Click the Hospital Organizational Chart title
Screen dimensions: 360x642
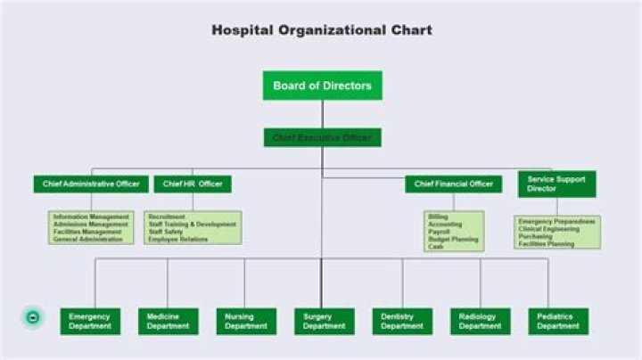pyautogui.click(x=322, y=30)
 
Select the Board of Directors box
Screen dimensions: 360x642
pyautogui.click(x=322, y=86)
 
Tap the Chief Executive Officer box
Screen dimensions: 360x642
pyautogui.click(x=322, y=137)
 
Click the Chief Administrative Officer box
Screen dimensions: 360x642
pyautogui.click(x=91, y=184)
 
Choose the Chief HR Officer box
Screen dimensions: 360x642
pyautogui.click(x=193, y=184)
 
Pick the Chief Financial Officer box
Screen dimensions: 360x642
pyautogui.click(x=454, y=184)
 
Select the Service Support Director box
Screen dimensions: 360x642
pyautogui.click(x=556, y=184)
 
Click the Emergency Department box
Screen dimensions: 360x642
pyautogui.click(x=90, y=322)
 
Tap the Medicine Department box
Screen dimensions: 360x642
pyautogui.click(x=168, y=322)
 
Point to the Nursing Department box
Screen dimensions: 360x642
pyautogui.click(x=245, y=322)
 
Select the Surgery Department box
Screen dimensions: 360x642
pyautogui.click(x=323, y=322)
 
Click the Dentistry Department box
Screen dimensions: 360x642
pyautogui.click(x=401, y=322)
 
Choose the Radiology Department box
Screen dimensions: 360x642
pyautogui.click(x=480, y=322)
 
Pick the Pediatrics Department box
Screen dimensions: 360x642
pyautogui.click(x=557, y=322)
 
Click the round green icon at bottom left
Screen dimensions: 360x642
pyautogui.click(x=33, y=317)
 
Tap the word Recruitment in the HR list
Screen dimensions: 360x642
pyautogui.click(x=167, y=217)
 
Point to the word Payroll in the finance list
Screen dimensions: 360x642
pyautogui.click(x=439, y=232)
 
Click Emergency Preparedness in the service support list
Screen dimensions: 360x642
pyautogui.click(x=556, y=221)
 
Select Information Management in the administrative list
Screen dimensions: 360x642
pyautogui.click(x=91, y=217)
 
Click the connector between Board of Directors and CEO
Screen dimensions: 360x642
pyautogui.click(x=323, y=114)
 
